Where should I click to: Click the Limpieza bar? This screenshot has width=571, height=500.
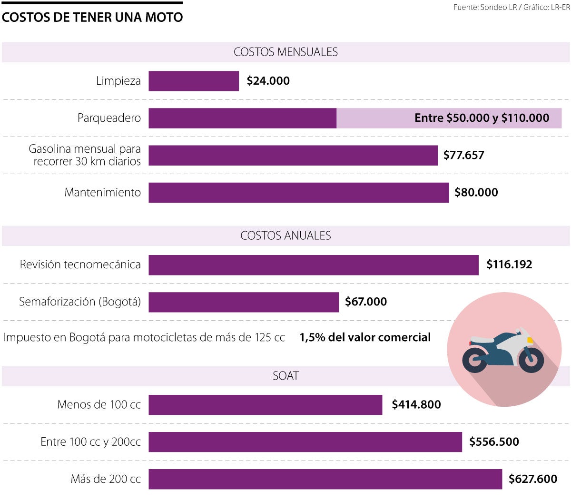[194, 81]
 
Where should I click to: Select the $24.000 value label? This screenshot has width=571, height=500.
[268, 81]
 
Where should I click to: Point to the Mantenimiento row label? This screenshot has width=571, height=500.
[103, 192]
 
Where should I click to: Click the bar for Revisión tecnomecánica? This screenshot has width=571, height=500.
[313, 265]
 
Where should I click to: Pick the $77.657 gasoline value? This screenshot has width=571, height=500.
[463, 155]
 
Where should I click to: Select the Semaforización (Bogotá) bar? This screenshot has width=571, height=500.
[244, 302]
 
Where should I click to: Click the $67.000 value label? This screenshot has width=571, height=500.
[365, 302]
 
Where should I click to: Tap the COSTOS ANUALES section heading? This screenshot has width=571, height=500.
[285, 235]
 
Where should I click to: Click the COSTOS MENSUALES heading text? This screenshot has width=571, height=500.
[285, 52]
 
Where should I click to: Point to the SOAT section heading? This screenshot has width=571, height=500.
[285, 376]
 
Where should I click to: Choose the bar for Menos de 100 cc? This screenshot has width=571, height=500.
[265, 405]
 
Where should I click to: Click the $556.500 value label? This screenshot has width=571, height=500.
[494, 441]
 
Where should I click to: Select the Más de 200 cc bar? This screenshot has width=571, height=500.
[325, 479]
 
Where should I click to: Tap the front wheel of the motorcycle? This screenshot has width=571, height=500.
[532, 360]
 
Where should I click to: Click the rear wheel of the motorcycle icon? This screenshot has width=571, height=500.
[474, 360]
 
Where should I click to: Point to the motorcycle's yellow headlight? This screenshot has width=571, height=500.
[530, 340]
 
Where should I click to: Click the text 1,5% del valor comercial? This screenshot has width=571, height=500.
[365, 337]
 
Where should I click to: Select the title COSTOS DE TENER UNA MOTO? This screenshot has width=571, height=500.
[92, 18]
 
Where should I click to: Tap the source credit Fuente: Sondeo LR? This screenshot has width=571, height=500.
[485, 8]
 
